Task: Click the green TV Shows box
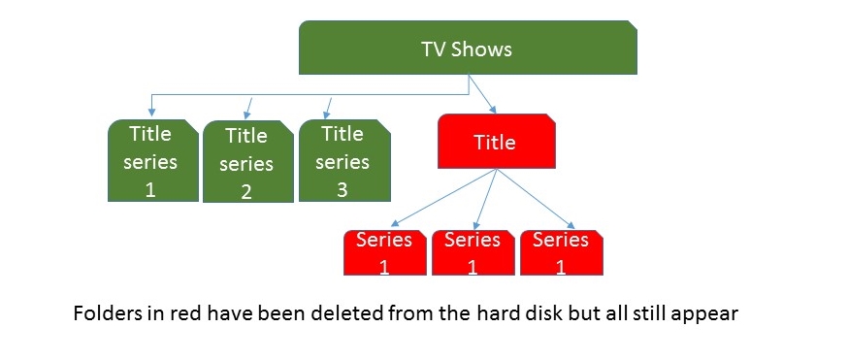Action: click(x=467, y=49)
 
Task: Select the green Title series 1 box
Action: click(x=150, y=160)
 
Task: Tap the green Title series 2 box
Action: click(x=246, y=162)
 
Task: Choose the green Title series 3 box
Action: click(x=342, y=160)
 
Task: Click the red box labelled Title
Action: click(x=496, y=143)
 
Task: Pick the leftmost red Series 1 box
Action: click(x=384, y=252)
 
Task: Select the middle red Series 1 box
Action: click(x=473, y=252)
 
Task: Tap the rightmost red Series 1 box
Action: click(x=561, y=252)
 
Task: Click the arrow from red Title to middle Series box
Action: click(x=485, y=199)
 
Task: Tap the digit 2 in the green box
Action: click(x=246, y=192)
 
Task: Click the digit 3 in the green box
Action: click(x=342, y=190)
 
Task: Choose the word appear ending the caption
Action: click(x=710, y=316)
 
